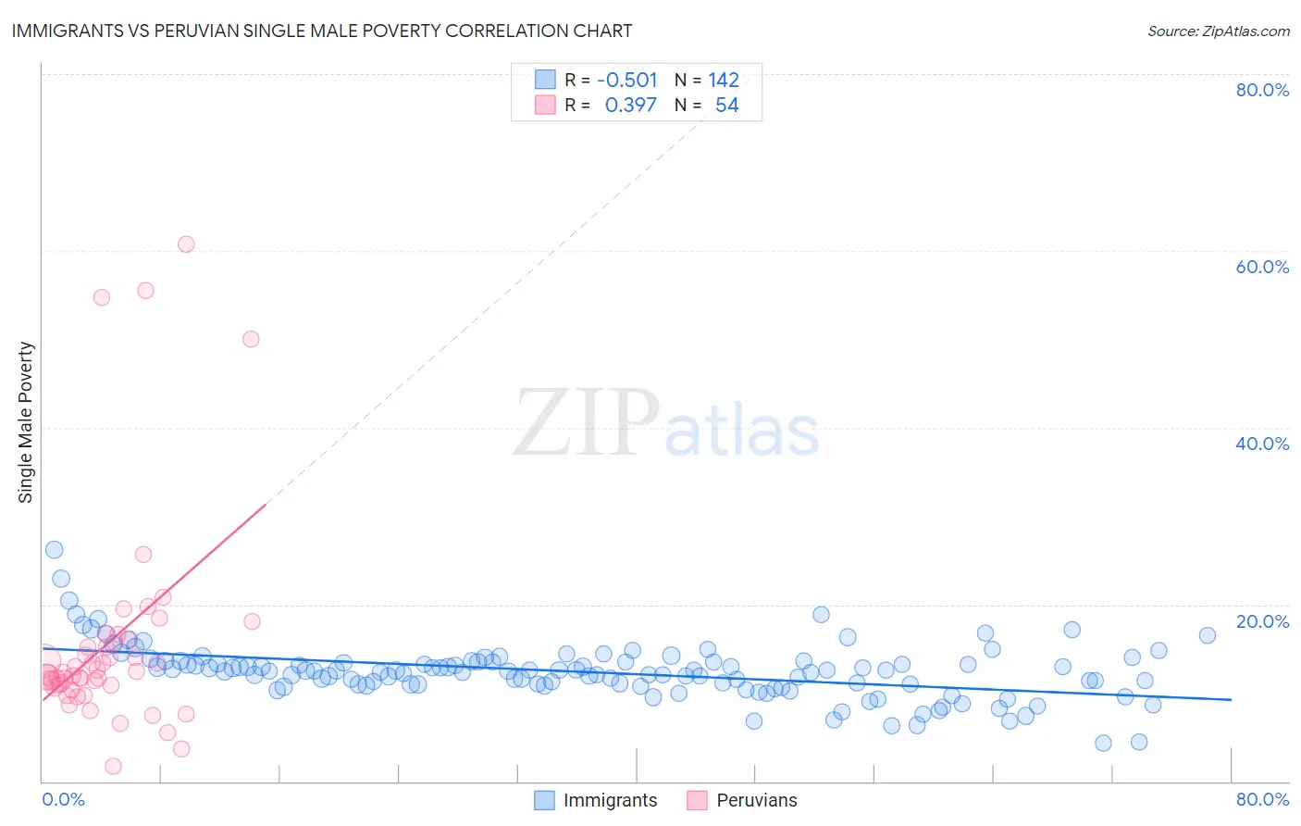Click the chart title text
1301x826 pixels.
coord(322,31)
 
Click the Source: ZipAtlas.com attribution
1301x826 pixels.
coord(1218,31)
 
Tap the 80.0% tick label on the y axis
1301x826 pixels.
coord(1262,90)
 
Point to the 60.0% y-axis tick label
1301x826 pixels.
coord(1262,267)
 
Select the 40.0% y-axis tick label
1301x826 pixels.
coord(1262,444)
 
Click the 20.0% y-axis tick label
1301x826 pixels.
coord(1262,621)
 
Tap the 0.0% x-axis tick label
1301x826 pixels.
coord(63,799)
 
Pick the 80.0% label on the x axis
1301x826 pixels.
coord(1262,799)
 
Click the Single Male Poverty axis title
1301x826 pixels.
coord(26,422)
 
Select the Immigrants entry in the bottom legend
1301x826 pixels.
coord(610,800)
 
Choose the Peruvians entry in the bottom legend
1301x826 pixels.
coord(756,800)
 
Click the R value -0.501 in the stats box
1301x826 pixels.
coord(627,81)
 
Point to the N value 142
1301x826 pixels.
coord(724,81)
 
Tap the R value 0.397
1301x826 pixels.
coord(631,106)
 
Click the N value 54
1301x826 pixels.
coord(726,106)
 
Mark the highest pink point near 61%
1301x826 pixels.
coord(186,244)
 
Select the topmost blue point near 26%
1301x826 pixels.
coord(55,550)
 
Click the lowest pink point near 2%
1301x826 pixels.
coord(113,766)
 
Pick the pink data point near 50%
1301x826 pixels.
coord(251,339)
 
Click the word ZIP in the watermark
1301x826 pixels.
coord(586,423)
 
